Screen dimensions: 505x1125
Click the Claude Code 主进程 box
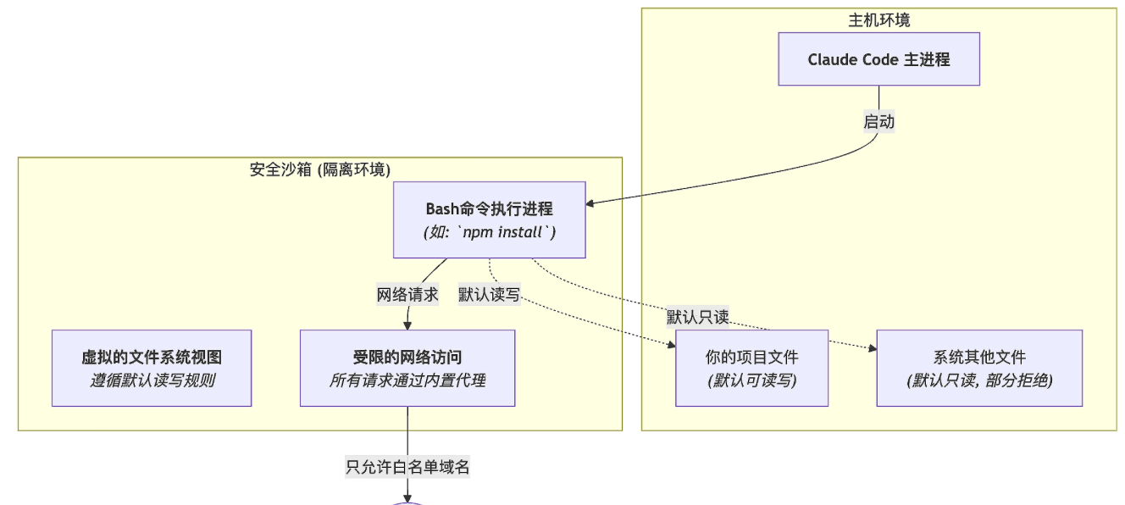point(878,59)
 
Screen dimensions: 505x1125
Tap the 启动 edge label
point(878,121)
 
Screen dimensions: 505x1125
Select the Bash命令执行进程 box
point(489,219)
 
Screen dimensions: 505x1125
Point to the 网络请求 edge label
point(407,295)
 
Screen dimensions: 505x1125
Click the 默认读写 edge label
point(489,295)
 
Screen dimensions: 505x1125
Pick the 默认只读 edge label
point(698,317)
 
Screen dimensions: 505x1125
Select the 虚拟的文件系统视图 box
point(152,368)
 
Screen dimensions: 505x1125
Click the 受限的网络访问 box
point(407,368)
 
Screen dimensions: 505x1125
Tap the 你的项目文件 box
point(751,368)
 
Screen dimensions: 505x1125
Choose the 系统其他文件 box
point(979,368)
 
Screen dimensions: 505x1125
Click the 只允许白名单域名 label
point(407,467)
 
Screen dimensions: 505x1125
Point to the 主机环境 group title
point(878,20)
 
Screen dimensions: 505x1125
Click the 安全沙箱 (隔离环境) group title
point(320,169)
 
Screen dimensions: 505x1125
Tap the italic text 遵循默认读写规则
point(152,380)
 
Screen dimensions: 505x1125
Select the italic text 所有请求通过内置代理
point(407,380)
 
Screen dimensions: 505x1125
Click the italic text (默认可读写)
point(751,380)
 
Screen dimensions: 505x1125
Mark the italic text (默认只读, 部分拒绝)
point(979,380)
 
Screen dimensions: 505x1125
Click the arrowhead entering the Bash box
point(592,203)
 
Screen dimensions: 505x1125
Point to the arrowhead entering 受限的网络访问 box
point(407,325)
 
